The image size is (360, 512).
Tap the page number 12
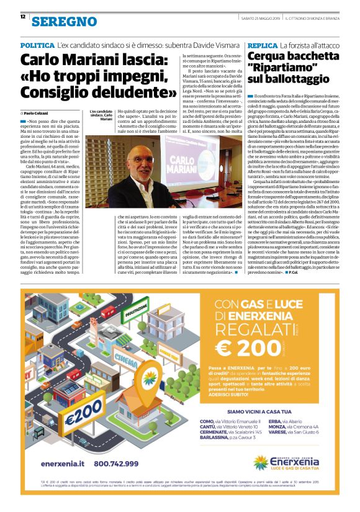point(23,16)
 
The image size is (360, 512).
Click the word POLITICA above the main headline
point(37,46)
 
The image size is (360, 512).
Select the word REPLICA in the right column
point(262,46)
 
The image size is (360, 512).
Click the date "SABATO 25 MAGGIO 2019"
point(245,16)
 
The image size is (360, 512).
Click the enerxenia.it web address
point(63,463)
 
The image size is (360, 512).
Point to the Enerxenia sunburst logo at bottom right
point(261,462)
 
